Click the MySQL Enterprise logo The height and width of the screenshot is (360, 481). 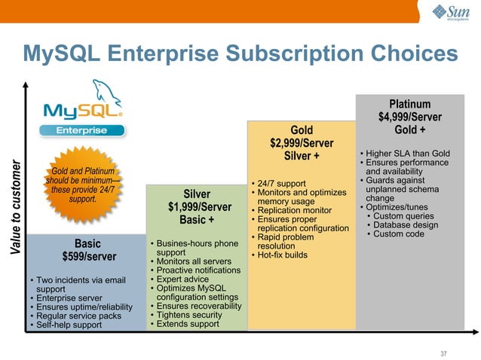(82, 117)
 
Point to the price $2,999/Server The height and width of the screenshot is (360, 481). (302, 143)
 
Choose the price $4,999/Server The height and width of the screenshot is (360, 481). (410, 117)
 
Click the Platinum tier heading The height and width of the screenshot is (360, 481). (410, 104)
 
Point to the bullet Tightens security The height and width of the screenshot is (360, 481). (195, 316)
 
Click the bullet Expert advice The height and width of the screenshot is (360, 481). (186, 279)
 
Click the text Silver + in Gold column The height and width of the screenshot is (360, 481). (302, 156)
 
